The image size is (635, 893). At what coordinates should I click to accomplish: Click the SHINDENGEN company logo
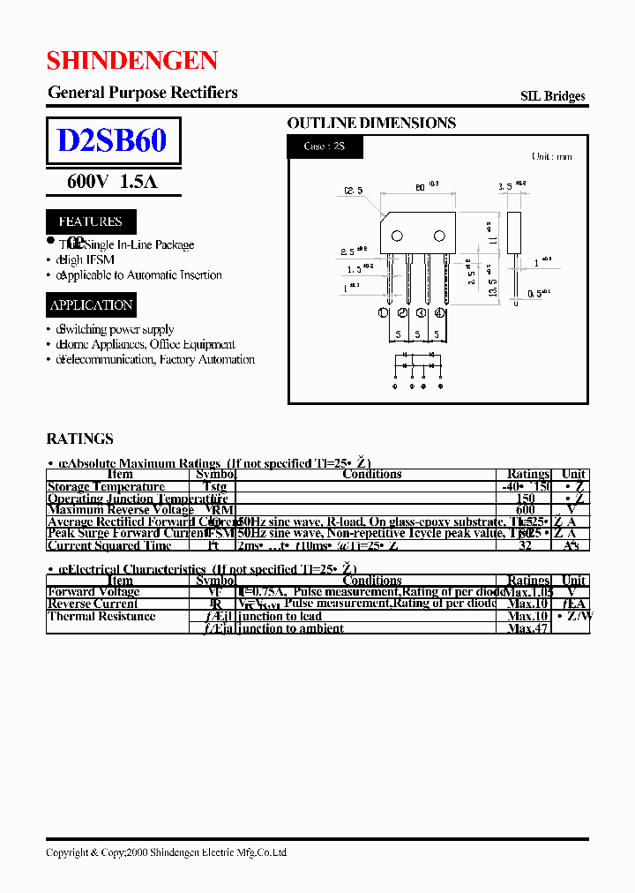coord(131,61)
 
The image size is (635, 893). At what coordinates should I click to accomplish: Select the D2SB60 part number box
coord(113,141)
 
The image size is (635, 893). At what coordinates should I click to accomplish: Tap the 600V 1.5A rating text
coord(112,182)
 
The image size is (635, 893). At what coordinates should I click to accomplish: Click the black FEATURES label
coord(91,221)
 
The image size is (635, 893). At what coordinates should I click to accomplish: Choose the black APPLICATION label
coord(92,305)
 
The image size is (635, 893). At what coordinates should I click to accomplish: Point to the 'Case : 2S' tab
coord(325,146)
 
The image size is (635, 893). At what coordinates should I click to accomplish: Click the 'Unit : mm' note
coord(551,156)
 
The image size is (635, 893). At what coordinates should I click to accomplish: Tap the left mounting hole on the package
coord(397,235)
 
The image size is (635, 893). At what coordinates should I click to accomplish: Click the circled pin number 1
coord(384,312)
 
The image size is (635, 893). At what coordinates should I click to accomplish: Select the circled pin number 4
coord(440,312)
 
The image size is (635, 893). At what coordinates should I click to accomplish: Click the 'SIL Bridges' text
coord(552,96)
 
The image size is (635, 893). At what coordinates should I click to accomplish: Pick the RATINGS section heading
coord(79,439)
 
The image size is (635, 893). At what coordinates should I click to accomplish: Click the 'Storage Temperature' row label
coord(106,486)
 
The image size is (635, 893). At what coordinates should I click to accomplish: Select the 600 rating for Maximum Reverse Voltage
coord(526,509)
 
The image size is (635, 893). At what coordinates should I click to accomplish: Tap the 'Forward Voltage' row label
coord(93,592)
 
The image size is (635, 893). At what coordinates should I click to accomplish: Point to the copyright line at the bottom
coord(166,852)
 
